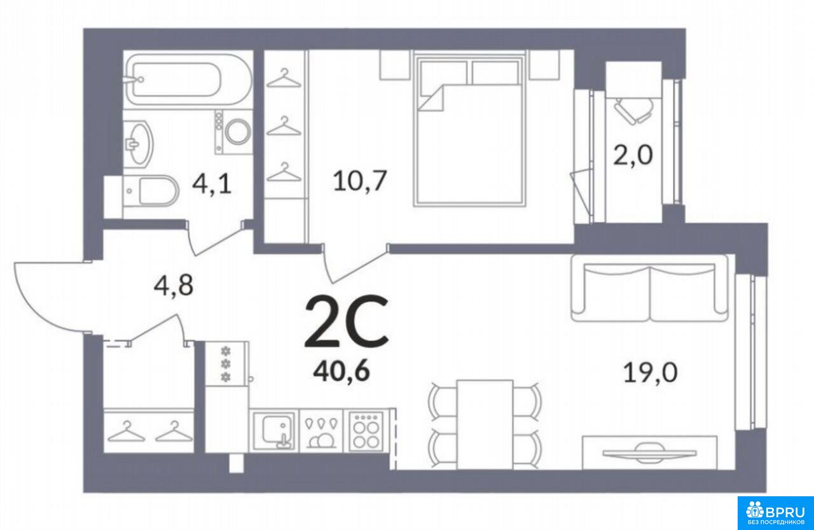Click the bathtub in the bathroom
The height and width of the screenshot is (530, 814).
(x=188, y=80)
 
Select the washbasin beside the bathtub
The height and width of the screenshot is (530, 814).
(x=137, y=144)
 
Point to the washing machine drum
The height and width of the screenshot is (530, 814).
(x=238, y=132)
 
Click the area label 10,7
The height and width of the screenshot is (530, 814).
(x=359, y=181)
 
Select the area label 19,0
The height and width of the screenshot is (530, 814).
(x=650, y=373)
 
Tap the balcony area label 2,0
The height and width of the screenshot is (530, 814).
(x=633, y=155)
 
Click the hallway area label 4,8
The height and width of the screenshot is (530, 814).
(x=174, y=284)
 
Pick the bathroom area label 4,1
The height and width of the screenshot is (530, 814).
(x=212, y=184)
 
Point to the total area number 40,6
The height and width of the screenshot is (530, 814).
(x=341, y=372)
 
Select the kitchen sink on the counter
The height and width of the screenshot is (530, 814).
(x=273, y=431)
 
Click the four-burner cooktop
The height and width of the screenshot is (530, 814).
(x=366, y=431)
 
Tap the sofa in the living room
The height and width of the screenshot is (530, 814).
(x=649, y=288)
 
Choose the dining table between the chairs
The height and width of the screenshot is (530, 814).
(x=485, y=424)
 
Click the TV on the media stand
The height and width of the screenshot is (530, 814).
(x=649, y=453)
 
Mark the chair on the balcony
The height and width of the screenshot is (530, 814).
(x=633, y=111)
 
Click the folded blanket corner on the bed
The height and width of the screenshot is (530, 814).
(x=431, y=97)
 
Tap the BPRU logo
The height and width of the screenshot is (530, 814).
(x=775, y=513)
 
